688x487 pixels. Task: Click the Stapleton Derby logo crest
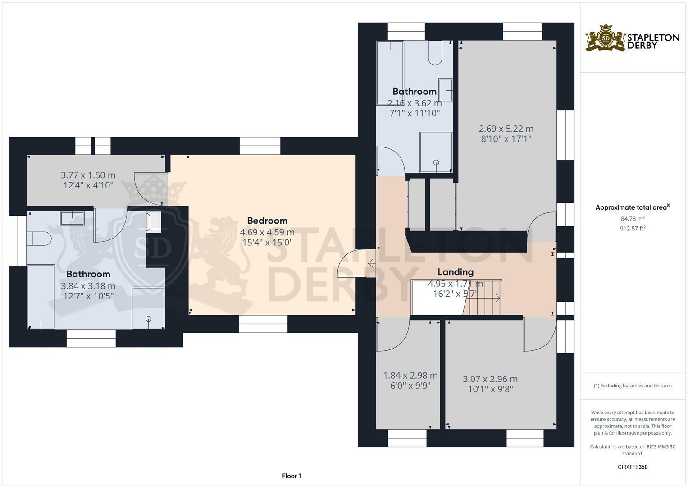[605, 38]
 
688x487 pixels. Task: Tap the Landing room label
[456, 272]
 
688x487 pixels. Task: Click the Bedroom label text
[267, 221]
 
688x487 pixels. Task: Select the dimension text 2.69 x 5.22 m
[506, 129]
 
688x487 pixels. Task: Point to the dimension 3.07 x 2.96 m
[490, 379]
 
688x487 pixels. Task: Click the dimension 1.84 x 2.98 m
[410, 376]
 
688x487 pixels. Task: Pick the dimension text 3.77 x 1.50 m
[88, 175]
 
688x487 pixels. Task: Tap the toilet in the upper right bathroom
[435, 53]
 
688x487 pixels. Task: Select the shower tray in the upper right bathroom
[436, 152]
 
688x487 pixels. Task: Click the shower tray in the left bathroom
[148, 308]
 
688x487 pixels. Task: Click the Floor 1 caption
[292, 476]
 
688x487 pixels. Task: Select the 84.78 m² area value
[632, 219]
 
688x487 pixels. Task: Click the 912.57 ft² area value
[632, 228]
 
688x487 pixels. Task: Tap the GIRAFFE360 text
[632, 467]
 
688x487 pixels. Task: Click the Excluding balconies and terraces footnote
[632, 386]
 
